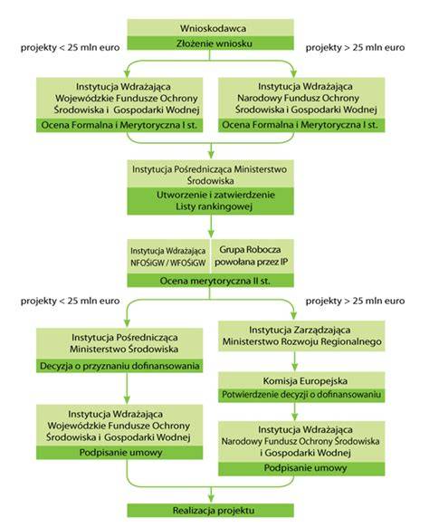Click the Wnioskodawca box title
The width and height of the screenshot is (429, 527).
coord(213,28)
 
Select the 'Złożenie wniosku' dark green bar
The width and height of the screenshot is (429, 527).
coord(210,43)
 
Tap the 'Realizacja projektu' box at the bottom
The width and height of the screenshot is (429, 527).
coord(210,510)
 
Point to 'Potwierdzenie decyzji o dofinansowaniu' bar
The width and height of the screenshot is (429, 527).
coord(301,395)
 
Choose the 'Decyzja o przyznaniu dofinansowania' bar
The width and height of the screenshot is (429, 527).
coord(119,366)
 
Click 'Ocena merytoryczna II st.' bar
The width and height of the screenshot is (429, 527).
coord(210,281)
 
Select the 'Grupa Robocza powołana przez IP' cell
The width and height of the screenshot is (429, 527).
coord(252,255)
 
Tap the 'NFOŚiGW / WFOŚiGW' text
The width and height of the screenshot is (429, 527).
coord(168,263)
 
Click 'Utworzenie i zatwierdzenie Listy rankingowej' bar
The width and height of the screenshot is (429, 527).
coord(210,201)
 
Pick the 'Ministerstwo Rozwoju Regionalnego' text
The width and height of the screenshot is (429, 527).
coord(301,341)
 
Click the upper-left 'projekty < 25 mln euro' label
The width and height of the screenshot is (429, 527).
coord(71,47)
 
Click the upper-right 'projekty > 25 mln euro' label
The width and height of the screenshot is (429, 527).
coord(355,47)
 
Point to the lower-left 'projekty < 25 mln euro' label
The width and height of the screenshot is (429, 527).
coord(71,301)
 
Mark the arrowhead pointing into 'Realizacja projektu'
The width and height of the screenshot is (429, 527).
coord(211,499)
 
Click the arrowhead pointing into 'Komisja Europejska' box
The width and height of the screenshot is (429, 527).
coord(295,367)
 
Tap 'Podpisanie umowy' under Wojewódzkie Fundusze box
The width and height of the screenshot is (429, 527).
coord(119,453)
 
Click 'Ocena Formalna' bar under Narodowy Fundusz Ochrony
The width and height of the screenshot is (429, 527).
coord(301,125)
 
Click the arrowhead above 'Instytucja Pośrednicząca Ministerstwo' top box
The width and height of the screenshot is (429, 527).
coord(211,154)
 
